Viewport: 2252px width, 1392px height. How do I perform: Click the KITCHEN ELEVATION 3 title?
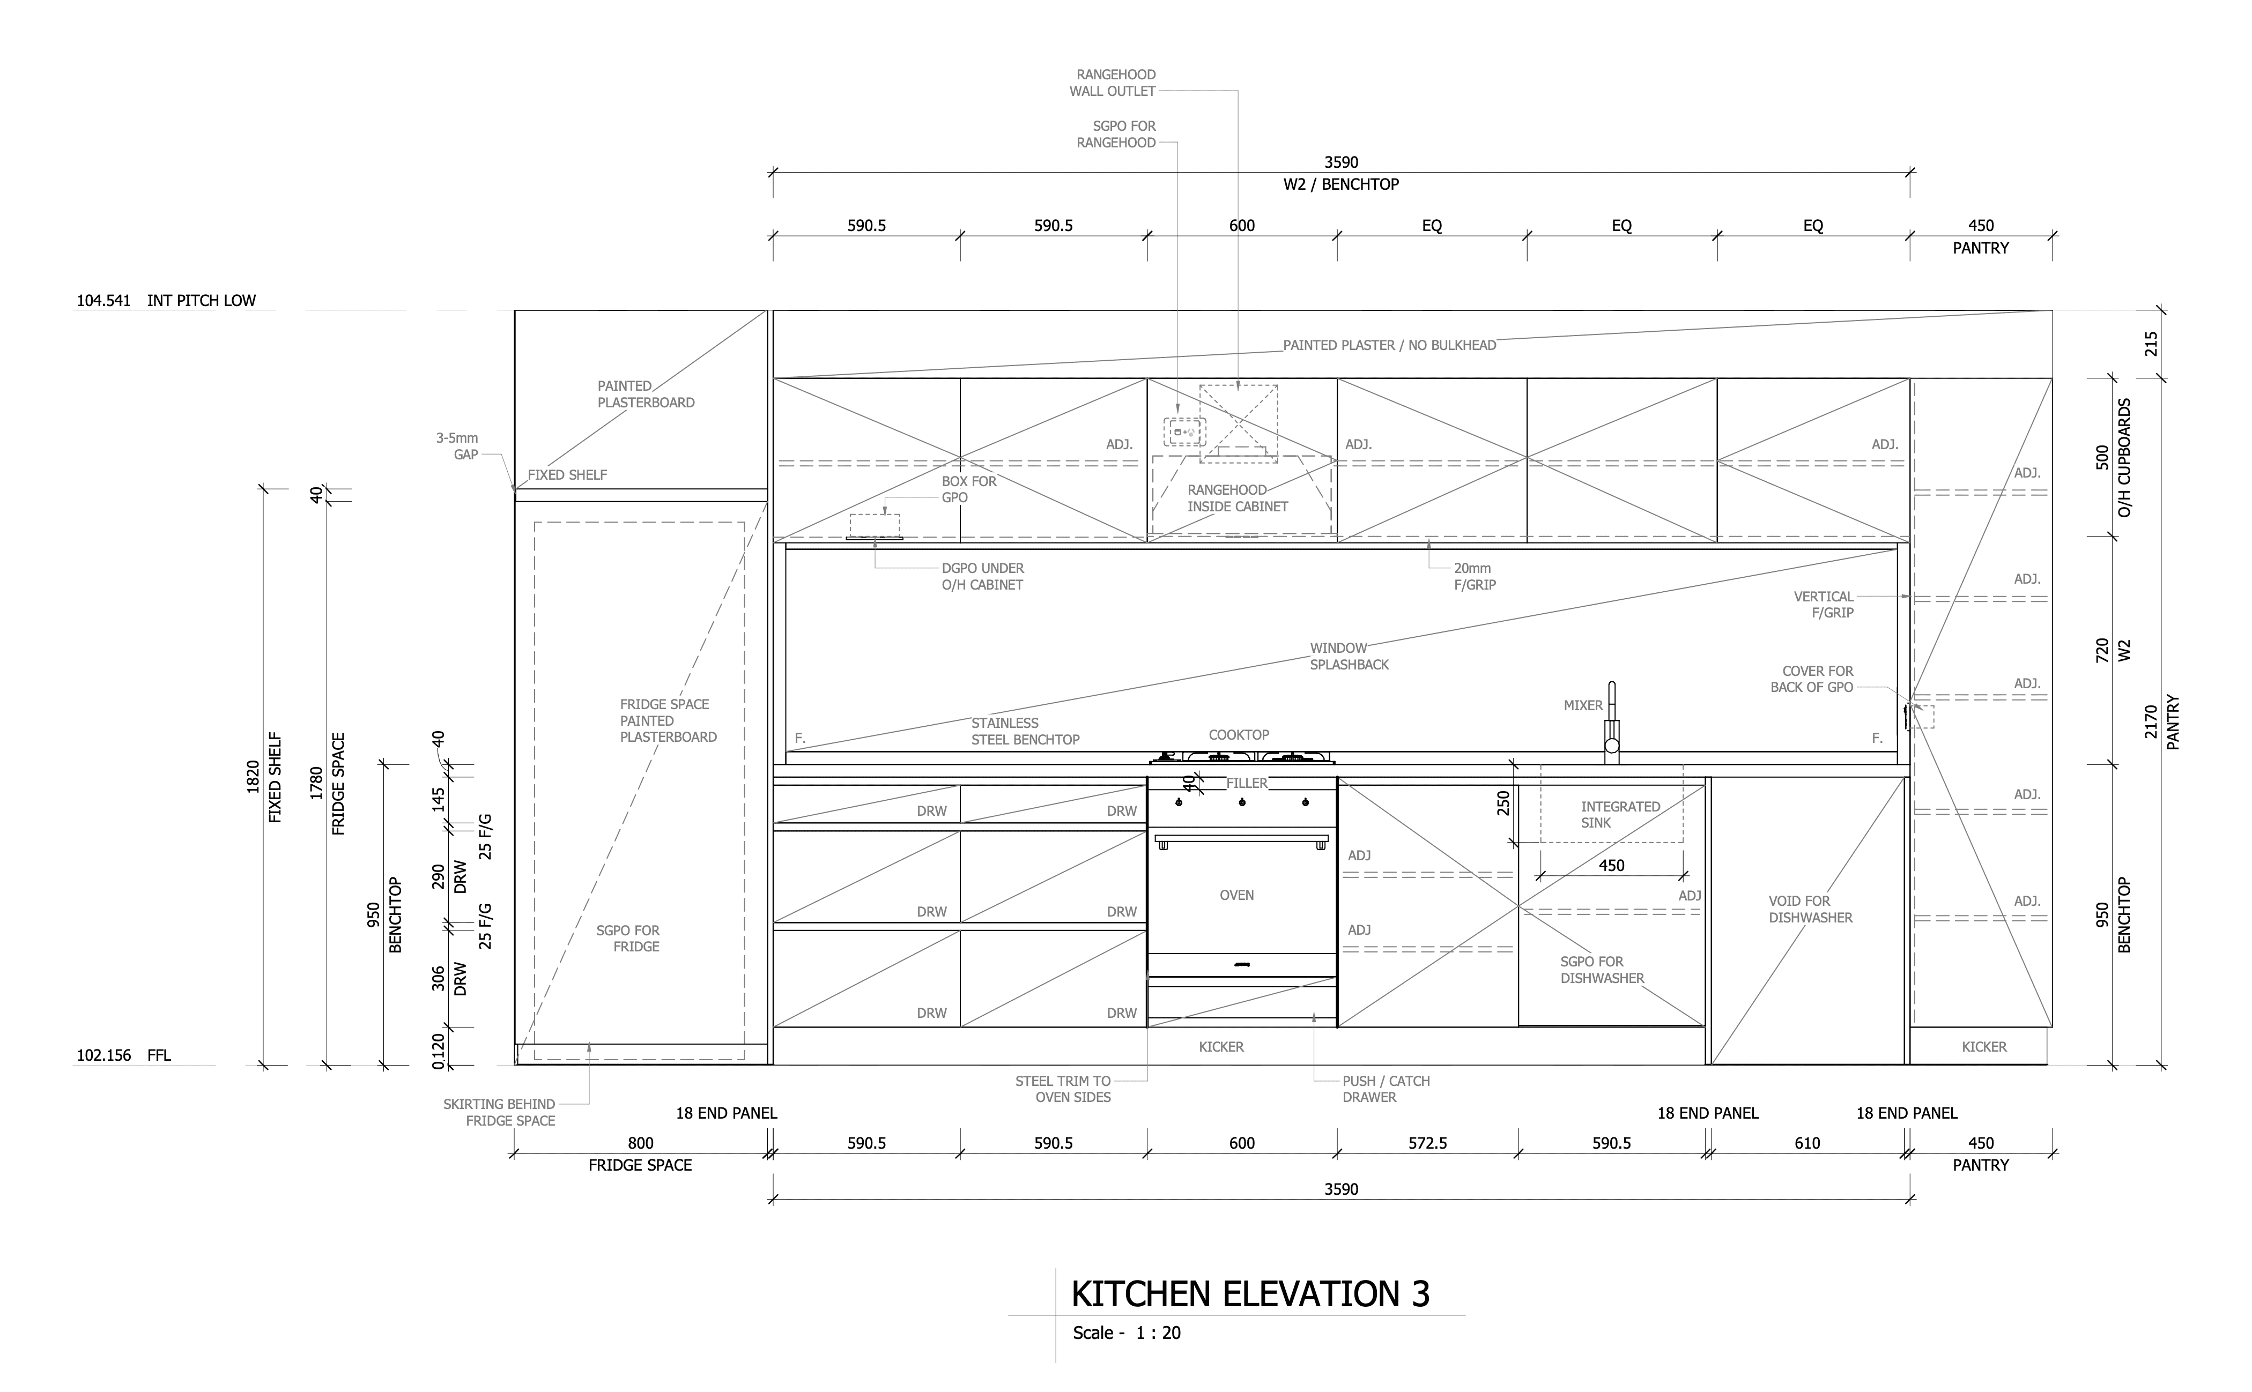point(1249,1293)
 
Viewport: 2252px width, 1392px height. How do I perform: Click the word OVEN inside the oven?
point(1236,895)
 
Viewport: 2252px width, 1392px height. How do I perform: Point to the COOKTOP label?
point(1238,735)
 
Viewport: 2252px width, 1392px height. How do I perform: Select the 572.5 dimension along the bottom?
point(1427,1143)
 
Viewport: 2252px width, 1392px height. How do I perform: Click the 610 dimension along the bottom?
point(1806,1143)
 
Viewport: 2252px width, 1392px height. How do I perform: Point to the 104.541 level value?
point(103,300)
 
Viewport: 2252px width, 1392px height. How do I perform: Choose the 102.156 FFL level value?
point(103,1056)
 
